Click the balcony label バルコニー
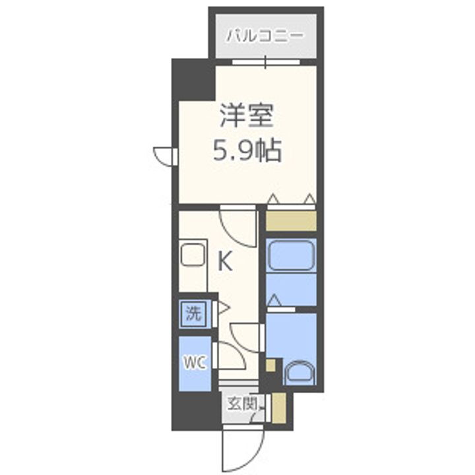coord(265,34)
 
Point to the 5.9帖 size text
coord(247,152)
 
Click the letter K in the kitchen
coord(225,263)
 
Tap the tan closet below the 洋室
coord(291,220)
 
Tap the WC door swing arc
coord(232,357)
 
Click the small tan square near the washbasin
coord(269,365)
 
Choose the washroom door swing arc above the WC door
coord(247,333)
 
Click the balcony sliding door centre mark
coord(265,63)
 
